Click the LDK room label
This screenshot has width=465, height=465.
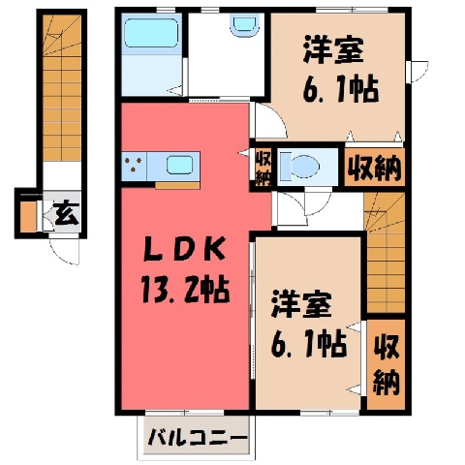click(184, 249)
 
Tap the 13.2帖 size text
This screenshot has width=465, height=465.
click(186, 290)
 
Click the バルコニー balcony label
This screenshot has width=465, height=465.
click(198, 438)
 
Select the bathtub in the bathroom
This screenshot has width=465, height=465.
click(151, 33)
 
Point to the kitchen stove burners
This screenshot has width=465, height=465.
click(134, 164)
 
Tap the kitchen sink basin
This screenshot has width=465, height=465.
click(179, 165)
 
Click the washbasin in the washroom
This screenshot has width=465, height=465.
click(245, 26)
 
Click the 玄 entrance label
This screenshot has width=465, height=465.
click(67, 214)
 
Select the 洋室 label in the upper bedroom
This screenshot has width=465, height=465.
click(333, 50)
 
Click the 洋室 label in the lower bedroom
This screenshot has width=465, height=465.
click(301, 303)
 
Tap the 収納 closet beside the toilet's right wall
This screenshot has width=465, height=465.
click(375, 168)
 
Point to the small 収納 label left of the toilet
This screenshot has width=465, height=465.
click(263, 167)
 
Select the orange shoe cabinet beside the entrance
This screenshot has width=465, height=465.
click(28, 216)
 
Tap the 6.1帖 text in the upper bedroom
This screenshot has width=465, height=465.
click(341, 88)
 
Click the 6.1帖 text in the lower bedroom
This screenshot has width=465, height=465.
click(309, 344)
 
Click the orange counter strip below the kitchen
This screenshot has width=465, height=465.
click(177, 185)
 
